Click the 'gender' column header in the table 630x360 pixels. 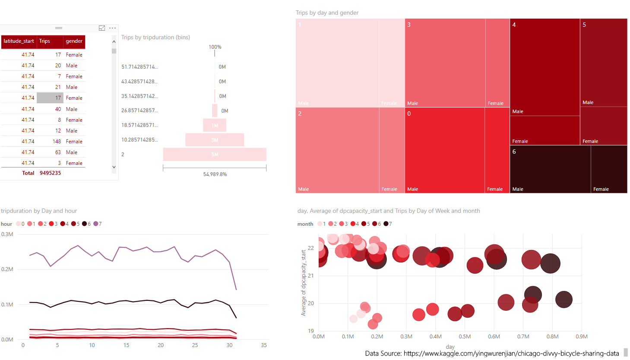tap(74, 41)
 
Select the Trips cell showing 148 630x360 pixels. tap(57, 142)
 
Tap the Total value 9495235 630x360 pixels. tap(50, 173)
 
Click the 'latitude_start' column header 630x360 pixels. tap(19, 41)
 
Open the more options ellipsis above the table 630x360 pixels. tap(112, 28)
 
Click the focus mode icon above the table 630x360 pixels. tap(102, 28)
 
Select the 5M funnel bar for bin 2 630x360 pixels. tap(215, 155)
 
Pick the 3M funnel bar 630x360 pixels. tap(215, 140)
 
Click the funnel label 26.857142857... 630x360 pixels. tap(139, 111)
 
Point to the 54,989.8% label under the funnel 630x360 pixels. tap(215, 174)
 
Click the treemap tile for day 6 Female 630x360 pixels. tap(609, 169)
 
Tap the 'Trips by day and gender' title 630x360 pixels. tap(327, 13)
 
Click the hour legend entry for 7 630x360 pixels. tap(98, 224)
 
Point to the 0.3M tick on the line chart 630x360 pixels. tap(7, 234)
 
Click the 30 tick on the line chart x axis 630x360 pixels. tap(229, 345)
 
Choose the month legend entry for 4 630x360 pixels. tap(355, 224)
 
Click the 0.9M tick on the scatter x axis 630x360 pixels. tap(581, 337)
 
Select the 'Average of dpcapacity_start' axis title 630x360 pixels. tap(304, 283)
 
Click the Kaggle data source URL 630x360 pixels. tap(511, 354)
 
